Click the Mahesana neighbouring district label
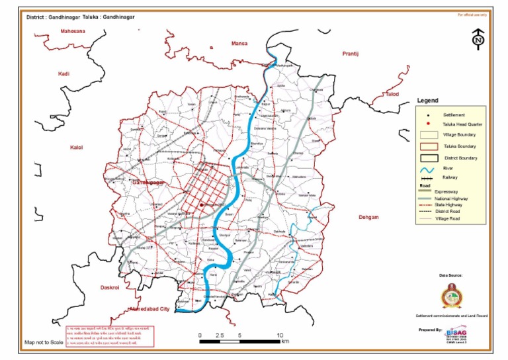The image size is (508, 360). [x=73, y=31]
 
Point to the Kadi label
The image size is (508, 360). [x=63, y=74]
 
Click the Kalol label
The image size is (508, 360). [x=76, y=147]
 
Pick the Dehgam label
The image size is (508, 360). [x=368, y=217]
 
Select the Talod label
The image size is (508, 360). [x=393, y=94]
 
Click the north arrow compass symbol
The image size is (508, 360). [x=478, y=40]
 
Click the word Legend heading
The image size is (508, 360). [x=427, y=101]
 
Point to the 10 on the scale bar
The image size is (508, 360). [x=280, y=336]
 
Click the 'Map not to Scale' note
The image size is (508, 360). [x=44, y=342]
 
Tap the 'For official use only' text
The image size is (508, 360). [x=472, y=14]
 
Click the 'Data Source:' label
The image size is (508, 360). [x=450, y=274]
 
